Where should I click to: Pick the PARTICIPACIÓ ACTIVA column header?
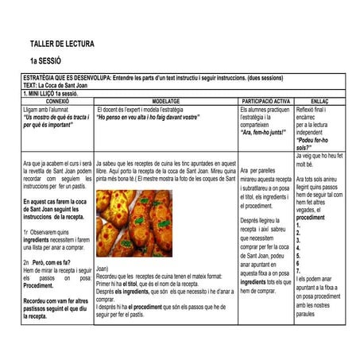point(265,102)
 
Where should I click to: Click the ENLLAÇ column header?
point(319,102)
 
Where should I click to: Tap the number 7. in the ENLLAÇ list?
point(298,272)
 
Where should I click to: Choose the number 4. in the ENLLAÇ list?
point(298,248)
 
